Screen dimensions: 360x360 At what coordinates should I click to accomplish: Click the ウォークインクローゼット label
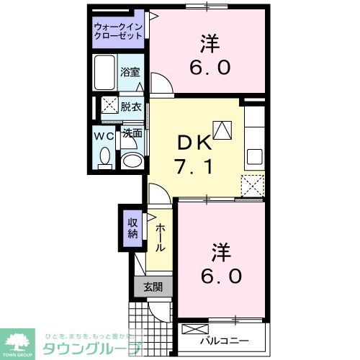click(120, 32)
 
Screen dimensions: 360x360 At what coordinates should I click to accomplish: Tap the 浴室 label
click(130, 73)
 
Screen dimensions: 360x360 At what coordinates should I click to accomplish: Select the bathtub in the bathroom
click(106, 71)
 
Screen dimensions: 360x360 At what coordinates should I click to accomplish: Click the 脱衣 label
click(130, 105)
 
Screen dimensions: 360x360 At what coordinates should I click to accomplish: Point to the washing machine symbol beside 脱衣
click(109, 104)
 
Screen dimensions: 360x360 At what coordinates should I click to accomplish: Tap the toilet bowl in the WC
click(105, 156)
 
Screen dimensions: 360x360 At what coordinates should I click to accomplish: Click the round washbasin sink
click(130, 161)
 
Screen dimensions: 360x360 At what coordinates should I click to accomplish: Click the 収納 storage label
click(133, 228)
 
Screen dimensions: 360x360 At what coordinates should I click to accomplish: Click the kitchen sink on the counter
click(254, 156)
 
